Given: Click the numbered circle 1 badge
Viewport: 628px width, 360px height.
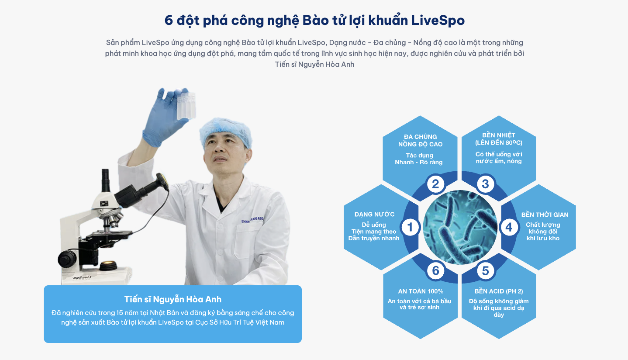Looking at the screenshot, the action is point(410,227).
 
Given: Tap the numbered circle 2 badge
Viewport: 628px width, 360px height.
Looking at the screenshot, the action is point(435,184).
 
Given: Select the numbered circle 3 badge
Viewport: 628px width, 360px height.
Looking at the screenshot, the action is point(485,184).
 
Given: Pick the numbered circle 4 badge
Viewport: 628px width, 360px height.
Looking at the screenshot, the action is point(509,227).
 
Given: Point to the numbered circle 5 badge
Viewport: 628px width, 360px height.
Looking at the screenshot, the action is point(485,270).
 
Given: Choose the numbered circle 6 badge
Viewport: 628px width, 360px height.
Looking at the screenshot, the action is point(435,270).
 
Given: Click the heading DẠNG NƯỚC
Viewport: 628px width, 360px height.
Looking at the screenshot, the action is point(374,215).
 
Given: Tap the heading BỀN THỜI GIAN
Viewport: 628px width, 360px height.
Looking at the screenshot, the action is point(545,215).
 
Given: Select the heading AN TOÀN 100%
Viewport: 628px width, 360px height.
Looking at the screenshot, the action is point(421,291).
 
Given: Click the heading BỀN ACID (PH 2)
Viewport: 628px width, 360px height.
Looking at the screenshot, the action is point(499,291).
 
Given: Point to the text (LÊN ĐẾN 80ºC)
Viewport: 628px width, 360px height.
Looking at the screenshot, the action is point(499,143).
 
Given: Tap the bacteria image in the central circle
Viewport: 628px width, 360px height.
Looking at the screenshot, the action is point(460,227).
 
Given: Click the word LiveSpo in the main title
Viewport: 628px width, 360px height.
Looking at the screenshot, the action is point(438,21).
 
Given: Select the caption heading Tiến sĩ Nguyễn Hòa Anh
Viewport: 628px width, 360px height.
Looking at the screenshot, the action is point(173,299).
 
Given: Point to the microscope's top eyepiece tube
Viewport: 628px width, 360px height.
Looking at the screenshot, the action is point(105,180).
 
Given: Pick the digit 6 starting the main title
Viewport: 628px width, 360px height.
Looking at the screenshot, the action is point(169,21).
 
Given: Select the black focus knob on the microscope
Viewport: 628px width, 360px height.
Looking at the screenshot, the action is point(67,259).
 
